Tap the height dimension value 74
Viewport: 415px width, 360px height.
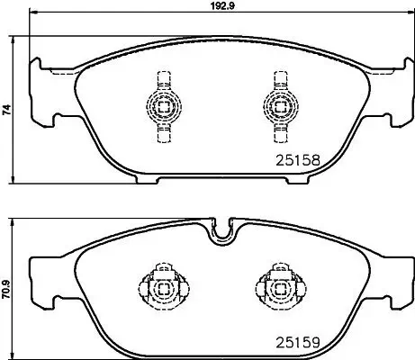pos(7,110)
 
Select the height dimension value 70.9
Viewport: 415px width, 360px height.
pos(7,291)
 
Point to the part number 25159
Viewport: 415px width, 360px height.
pos(297,342)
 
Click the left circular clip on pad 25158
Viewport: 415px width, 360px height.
pos(162,105)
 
